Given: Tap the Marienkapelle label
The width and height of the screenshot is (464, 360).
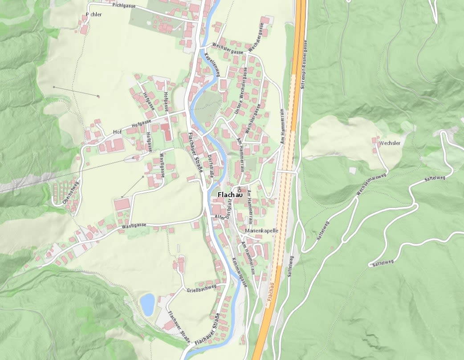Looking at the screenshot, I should tap(262, 231).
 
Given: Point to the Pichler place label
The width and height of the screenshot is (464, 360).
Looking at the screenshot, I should tap(94, 15).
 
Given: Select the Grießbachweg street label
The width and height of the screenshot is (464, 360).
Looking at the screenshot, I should tap(201, 288).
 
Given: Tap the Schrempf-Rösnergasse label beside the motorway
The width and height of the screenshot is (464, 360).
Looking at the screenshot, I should tap(306, 65).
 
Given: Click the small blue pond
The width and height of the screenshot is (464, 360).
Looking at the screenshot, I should tap(147, 304).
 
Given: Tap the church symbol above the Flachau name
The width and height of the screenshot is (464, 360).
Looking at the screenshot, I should tap(239, 187).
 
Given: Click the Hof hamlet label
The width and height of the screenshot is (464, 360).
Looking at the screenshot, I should tap(117, 132).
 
